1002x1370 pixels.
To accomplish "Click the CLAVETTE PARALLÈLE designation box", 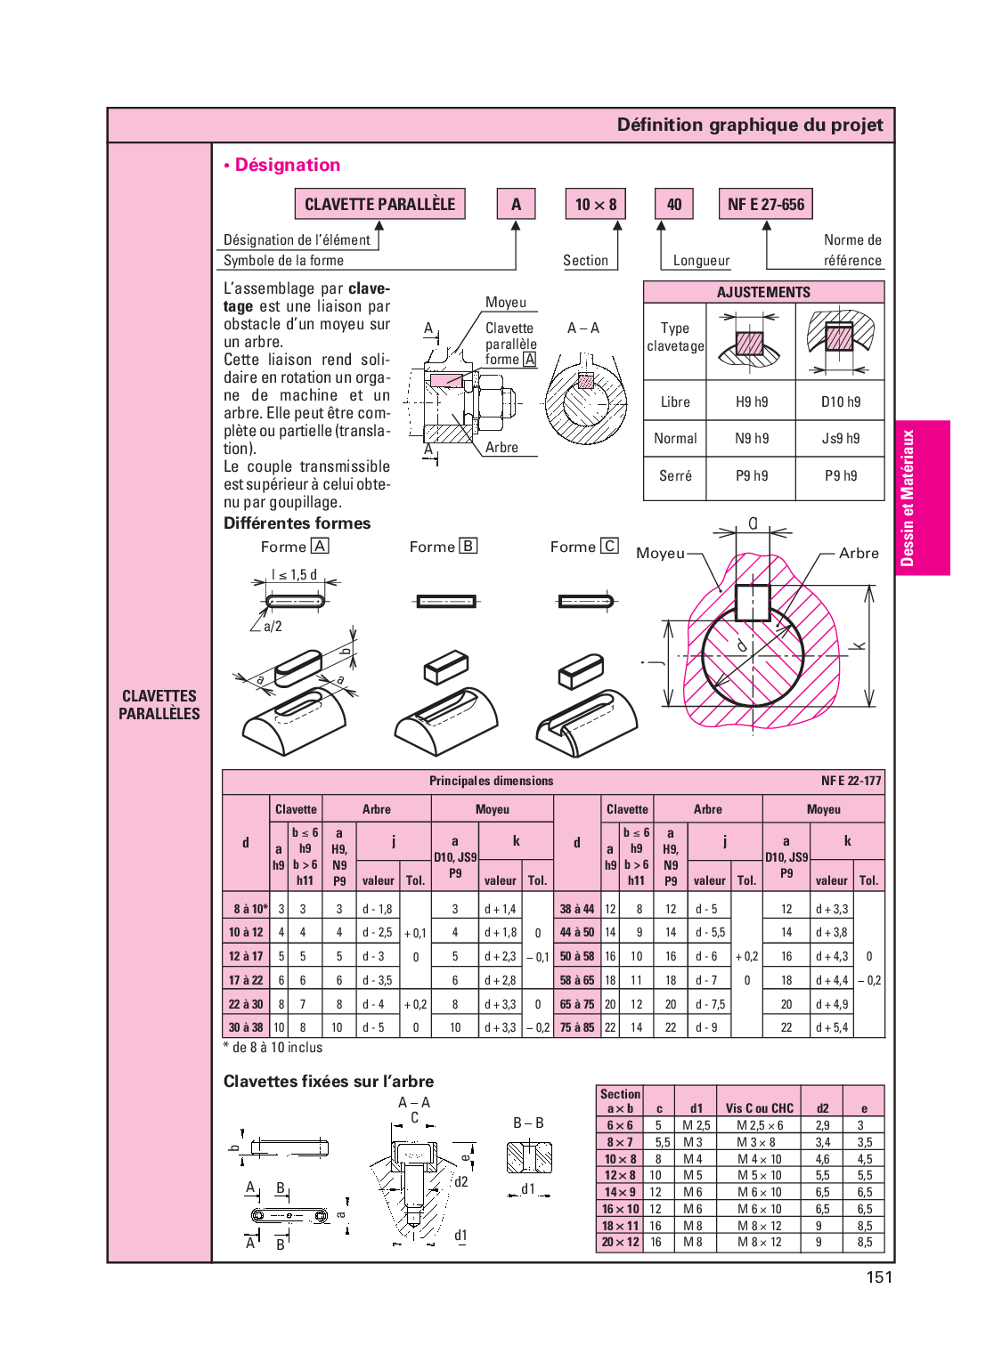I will pyautogui.click(x=379, y=204).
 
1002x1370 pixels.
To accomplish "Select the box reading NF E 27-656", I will pyautogui.click(x=765, y=204).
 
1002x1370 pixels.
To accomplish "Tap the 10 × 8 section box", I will pyautogui.click(x=595, y=204).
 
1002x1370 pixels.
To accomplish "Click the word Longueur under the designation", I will pyautogui.click(x=701, y=261).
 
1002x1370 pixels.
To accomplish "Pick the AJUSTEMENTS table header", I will pyautogui.click(x=763, y=292).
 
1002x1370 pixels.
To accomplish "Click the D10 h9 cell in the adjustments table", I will pyautogui.click(x=840, y=401).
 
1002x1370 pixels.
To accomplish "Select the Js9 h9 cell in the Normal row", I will pyautogui.click(x=840, y=438).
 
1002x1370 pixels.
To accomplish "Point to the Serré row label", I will pyautogui.click(x=675, y=475).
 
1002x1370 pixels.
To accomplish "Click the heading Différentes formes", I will pyautogui.click(x=297, y=523).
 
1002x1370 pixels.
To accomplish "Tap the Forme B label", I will pyautogui.click(x=443, y=547).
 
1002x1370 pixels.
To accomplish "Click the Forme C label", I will pyautogui.click(x=583, y=547).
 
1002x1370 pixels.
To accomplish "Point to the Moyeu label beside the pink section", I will pyautogui.click(x=660, y=553).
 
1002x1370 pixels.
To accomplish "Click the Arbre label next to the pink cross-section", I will pyautogui.click(x=859, y=553).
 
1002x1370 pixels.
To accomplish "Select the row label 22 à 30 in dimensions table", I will pyautogui.click(x=246, y=1004).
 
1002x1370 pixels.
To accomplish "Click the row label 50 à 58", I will pyautogui.click(x=576, y=956).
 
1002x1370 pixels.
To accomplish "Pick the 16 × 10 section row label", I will pyautogui.click(x=620, y=1209).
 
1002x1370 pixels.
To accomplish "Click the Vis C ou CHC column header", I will pyautogui.click(x=759, y=1108).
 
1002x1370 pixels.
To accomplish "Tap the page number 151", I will pyautogui.click(x=879, y=1277).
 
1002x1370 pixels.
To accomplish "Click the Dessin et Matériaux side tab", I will pyautogui.click(x=908, y=498).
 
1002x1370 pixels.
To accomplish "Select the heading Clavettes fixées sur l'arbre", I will pyautogui.click(x=329, y=1082).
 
